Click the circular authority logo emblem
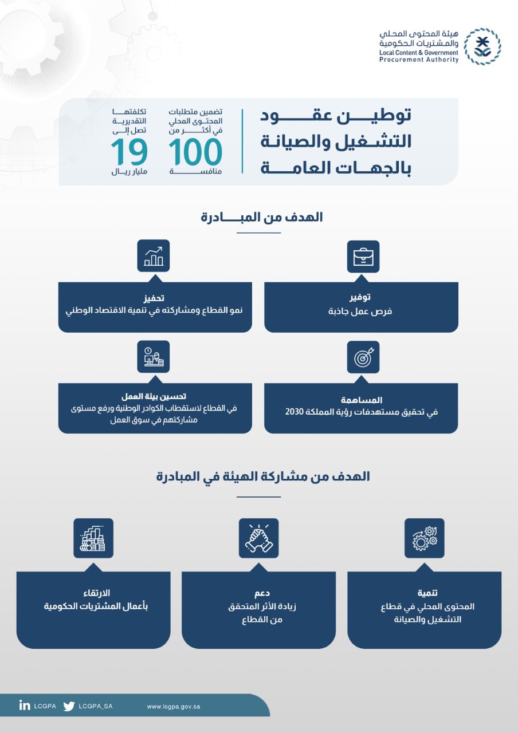click(482, 46)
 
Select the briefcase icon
click(363, 256)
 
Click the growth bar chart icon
click(154, 255)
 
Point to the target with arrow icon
click(363, 357)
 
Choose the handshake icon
click(258, 538)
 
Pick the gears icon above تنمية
click(425, 538)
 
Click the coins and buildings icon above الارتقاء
click(93, 538)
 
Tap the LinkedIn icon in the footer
click(24, 706)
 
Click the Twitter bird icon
click(69, 706)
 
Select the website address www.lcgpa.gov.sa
click(174, 706)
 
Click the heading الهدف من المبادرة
click(262, 217)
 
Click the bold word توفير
click(361, 298)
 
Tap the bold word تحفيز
click(154, 298)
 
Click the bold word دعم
click(258, 593)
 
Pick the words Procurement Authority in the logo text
click(419, 60)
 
